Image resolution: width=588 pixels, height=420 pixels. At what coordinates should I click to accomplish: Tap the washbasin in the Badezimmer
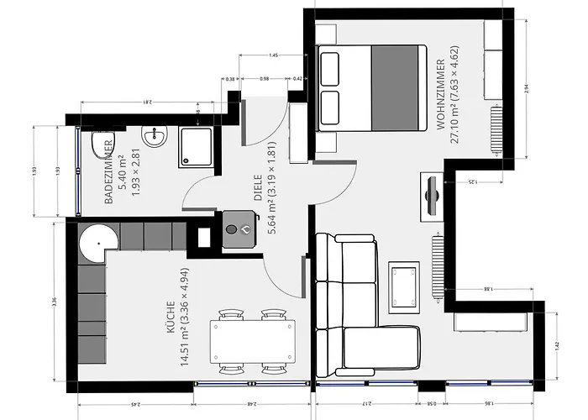pos(155,136)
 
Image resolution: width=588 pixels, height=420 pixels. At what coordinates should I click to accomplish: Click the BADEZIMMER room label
pos(115,174)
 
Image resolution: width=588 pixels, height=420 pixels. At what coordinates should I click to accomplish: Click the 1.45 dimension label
pos(273,55)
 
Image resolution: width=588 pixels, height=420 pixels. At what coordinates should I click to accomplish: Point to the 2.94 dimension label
pos(527,87)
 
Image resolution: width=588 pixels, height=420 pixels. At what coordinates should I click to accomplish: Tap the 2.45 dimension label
pos(135,405)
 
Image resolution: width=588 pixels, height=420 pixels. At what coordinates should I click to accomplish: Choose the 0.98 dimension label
pos(265,79)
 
